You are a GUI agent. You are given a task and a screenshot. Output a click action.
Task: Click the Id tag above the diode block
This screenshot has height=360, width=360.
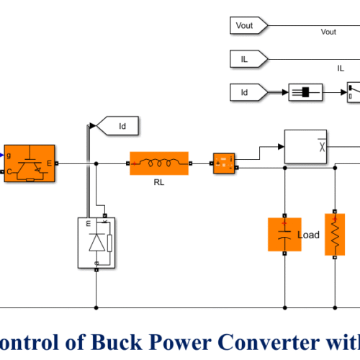[119, 127]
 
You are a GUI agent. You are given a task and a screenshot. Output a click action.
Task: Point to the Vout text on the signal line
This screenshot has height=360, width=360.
[328, 32]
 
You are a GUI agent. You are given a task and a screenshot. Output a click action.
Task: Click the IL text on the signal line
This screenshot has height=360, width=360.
[341, 68]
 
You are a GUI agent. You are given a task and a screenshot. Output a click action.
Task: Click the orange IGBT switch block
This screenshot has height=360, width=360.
[29, 163]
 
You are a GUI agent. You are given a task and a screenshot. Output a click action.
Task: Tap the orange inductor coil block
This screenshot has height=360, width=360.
[158, 163]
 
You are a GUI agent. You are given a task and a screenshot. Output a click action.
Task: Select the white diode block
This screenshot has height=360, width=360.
[96, 243]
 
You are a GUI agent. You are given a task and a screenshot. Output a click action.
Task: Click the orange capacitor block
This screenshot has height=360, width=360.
[284, 234]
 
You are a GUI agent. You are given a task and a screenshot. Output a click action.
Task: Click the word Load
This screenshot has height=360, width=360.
[309, 235]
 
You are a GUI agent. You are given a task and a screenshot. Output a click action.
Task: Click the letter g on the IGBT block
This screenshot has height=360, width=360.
[9, 153]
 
